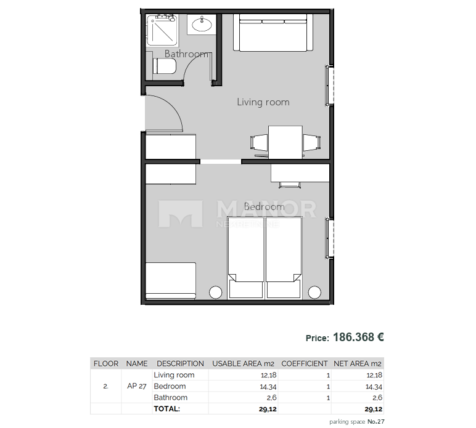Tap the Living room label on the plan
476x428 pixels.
point(263,102)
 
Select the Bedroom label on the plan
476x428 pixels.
point(264,207)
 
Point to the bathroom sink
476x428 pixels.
point(201,25)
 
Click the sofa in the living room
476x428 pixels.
point(272,34)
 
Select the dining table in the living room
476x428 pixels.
point(285,142)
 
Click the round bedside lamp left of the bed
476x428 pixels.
point(216,292)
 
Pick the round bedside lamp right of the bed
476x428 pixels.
point(314,292)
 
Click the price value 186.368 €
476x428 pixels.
point(359,337)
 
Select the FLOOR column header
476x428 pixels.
point(105,364)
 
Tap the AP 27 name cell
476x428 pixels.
point(137,387)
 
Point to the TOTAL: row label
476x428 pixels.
point(166,409)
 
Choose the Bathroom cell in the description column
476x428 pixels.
point(170,398)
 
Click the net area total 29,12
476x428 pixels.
point(374,409)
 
